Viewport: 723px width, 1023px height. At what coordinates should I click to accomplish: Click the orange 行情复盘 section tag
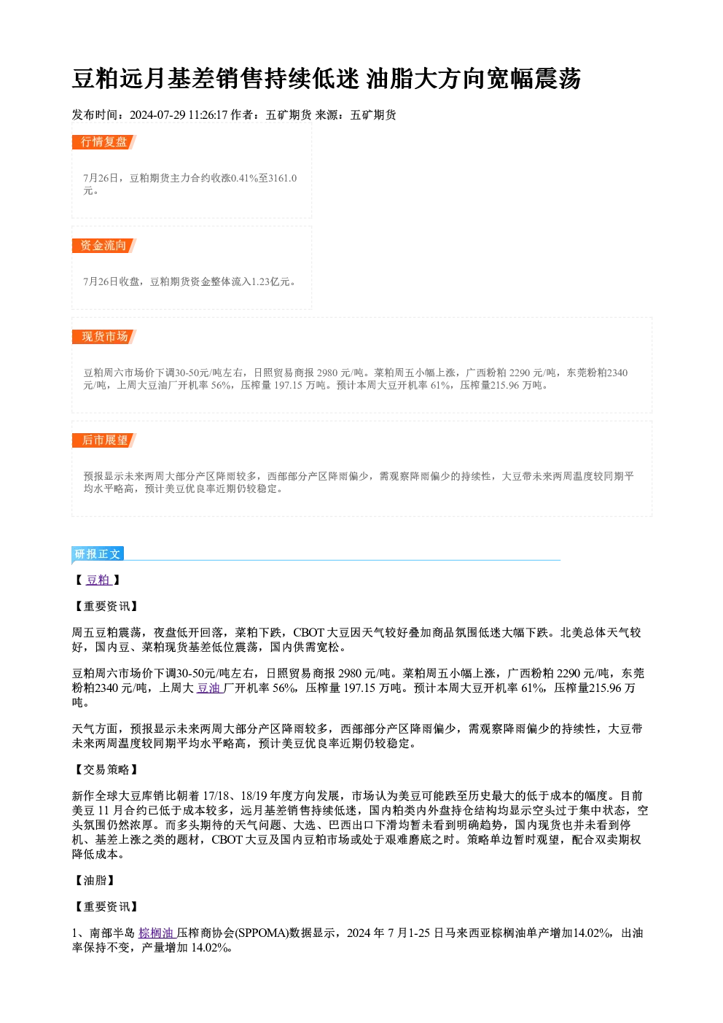pyautogui.click(x=103, y=142)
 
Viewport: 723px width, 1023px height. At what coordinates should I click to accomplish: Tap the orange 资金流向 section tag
pyautogui.click(x=103, y=246)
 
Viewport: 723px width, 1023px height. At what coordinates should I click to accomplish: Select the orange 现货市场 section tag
pyautogui.click(x=103, y=337)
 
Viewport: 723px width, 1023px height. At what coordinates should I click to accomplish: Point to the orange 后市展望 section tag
pyautogui.click(x=103, y=440)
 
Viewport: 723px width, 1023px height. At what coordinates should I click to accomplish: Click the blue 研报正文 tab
pyautogui.click(x=98, y=554)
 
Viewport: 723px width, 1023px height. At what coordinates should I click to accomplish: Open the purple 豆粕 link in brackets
pyautogui.click(x=98, y=580)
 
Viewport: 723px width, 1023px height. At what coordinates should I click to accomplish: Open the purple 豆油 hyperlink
pyautogui.click(x=209, y=688)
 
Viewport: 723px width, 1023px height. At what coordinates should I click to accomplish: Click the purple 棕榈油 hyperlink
pyautogui.click(x=157, y=933)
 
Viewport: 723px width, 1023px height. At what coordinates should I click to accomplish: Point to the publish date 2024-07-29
pyautogui.click(x=157, y=115)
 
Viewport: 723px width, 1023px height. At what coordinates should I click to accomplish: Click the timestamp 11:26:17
pyautogui.click(x=208, y=115)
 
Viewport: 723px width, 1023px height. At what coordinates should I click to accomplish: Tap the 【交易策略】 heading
pyautogui.click(x=106, y=769)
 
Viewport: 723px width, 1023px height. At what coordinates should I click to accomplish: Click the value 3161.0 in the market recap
pyautogui.click(x=283, y=178)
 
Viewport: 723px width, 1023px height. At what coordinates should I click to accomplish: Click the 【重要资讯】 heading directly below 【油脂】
pyautogui.click(x=106, y=906)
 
